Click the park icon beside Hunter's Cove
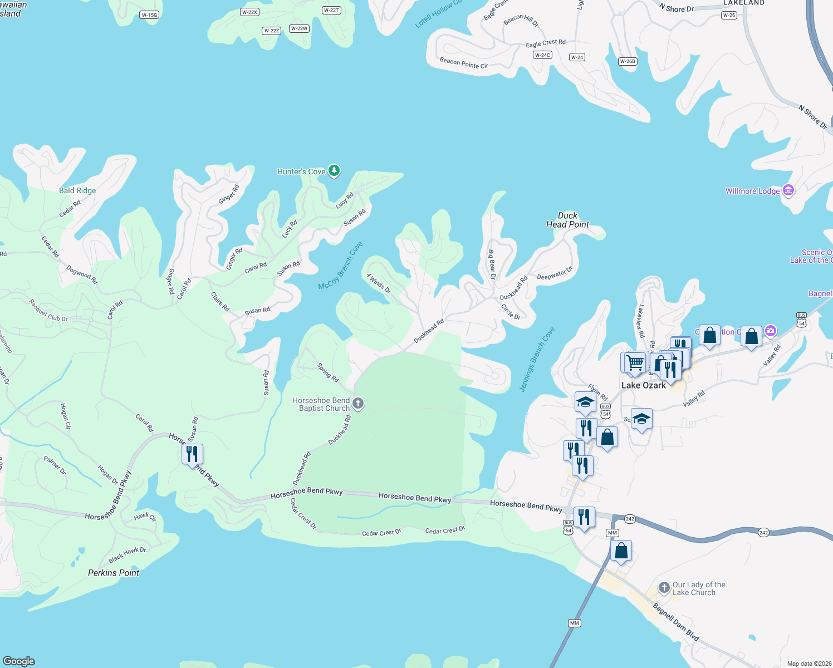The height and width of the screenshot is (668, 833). tap(334, 171)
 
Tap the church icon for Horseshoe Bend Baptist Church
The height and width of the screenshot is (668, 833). tap(358, 404)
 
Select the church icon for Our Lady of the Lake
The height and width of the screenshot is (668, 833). tap(664, 588)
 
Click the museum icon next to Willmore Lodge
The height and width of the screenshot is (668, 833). tap(788, 190)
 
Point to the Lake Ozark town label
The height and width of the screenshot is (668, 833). tap(643, 385)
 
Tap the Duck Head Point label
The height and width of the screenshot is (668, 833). tap(567, 220)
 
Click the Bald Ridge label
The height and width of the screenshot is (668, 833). tap(77, 190)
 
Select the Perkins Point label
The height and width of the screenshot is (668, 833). tap(114, 573)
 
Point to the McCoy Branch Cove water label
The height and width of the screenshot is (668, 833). tap(340, 266)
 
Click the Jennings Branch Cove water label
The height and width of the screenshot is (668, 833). tap(537, 360)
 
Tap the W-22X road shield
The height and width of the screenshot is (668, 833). tap(249, 12)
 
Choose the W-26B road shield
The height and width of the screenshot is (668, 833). tap(628, 61)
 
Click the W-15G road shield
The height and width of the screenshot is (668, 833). tap(149, 15)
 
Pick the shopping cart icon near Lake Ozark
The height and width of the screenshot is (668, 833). tap(634, 362)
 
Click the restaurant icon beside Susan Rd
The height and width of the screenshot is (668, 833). tap(192, 454)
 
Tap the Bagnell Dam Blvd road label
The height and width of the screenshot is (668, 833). tap(676, 622)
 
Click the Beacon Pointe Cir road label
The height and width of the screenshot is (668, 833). tap(463, 63)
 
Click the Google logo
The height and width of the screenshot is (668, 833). tap(19, 661)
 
